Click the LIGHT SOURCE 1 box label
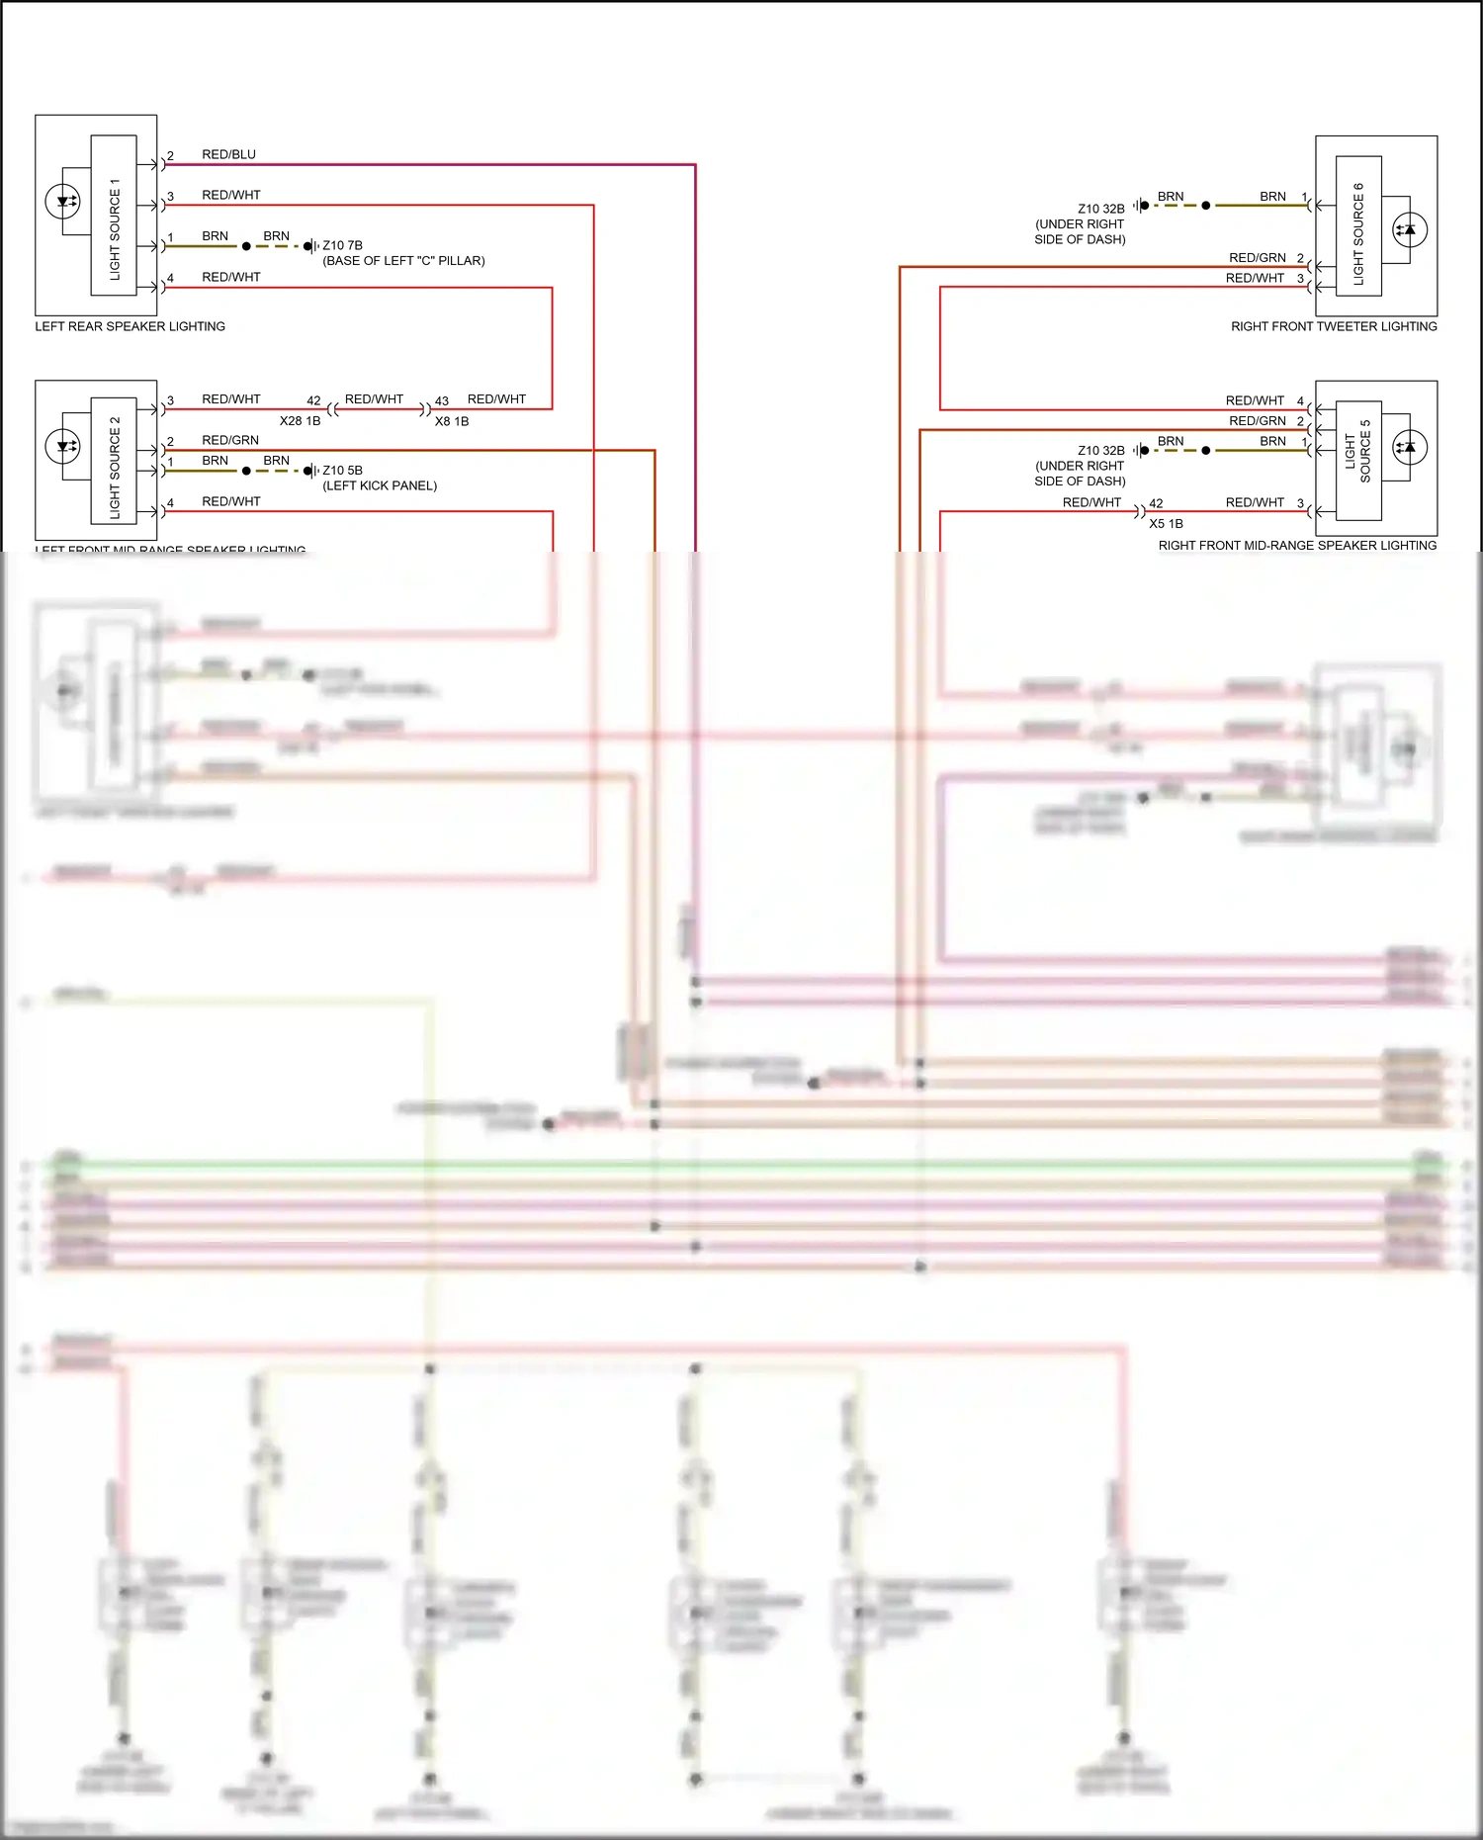click(115, 228)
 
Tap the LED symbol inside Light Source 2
click(63, 446)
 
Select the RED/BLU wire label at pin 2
click(228, 154)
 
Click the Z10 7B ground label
click(342, 245)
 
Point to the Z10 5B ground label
click(342, 471)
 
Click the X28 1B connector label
click(300, 421)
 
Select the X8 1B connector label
click(452, 421)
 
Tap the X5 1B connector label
click(1166, 524)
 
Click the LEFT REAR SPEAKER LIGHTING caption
click(130, 326)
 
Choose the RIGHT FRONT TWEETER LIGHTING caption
click(1334, 326)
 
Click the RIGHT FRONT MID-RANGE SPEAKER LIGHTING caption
click(1297, 546)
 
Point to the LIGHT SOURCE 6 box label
click(1358, 234)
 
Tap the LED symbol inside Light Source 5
click(1409, 447)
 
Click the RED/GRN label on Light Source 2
click(230, 440)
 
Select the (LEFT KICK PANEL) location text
click(380, 485)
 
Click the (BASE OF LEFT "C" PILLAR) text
click(403, 261)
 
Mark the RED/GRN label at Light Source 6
click(1257, 258)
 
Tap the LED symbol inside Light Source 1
click(63, 202)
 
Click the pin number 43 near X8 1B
click(442, 401)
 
